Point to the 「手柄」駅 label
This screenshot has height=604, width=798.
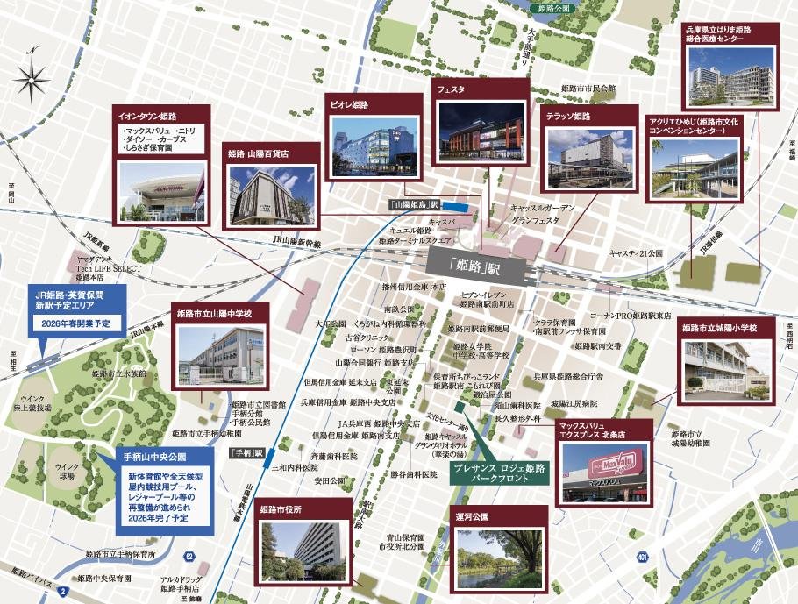pos(246,454)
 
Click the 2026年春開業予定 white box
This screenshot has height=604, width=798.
pos(75,323)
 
